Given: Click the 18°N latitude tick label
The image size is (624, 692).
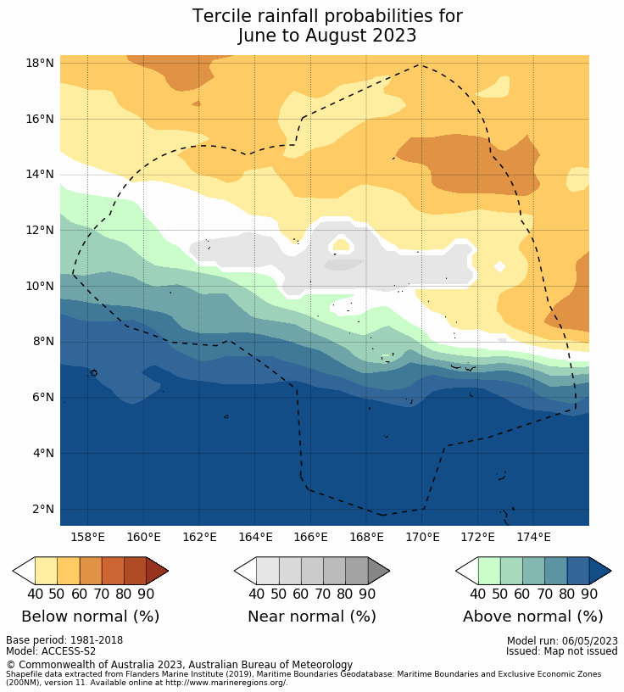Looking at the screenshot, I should click(40, 63).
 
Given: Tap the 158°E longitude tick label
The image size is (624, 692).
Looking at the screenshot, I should click(87, 537).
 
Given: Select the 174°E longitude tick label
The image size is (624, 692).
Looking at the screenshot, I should click(533, 537).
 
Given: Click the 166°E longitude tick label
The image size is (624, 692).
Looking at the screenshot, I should click(310, 537).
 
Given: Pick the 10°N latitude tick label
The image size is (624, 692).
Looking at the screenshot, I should click(40, 286).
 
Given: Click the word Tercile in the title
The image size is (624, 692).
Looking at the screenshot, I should click(224, 17).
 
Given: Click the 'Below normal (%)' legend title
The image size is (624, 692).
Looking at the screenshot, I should click(90, 617).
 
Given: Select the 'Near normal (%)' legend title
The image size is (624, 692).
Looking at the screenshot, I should click(311, 617).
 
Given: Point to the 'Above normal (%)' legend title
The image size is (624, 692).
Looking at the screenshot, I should click(532, 617).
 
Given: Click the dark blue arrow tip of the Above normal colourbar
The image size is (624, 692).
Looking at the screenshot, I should click(599, 571).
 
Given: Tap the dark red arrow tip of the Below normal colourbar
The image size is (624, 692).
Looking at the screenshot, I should click(157, 571).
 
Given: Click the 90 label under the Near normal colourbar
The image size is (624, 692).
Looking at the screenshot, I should click(367, 594).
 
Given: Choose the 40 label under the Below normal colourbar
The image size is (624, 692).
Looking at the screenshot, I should click(35, 594).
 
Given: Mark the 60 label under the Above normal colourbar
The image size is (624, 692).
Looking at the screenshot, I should click(522, 594).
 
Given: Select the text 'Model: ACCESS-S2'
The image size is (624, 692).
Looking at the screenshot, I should click(51, 651).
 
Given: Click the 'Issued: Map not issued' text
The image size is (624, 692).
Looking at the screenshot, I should click(561, 651).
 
